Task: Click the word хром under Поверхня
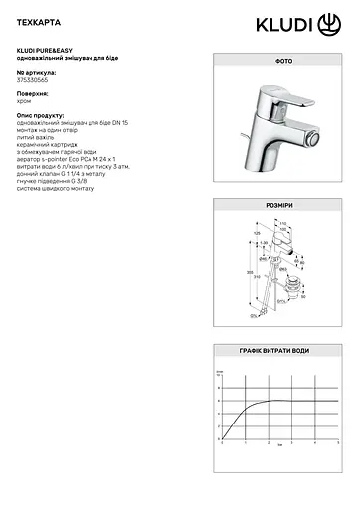tap(26, 100)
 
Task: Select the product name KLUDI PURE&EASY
tap(46, 49)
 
